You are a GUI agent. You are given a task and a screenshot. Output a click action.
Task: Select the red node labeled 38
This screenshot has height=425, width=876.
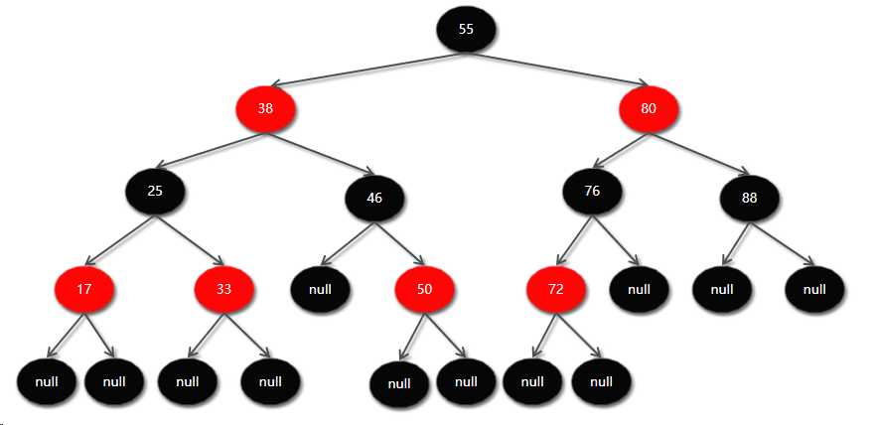click(265, 108)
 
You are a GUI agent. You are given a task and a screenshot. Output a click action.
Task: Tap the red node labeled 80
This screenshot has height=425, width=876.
click(648, 108)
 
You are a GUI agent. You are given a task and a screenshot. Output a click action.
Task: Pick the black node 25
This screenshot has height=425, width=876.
click(155, 191)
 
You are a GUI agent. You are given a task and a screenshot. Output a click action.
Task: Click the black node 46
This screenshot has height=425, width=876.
click(374, 198)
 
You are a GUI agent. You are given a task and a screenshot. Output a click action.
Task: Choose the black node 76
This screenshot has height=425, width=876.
click(592, 192)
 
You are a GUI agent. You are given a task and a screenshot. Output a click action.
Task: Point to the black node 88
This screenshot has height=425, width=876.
click(749, 198)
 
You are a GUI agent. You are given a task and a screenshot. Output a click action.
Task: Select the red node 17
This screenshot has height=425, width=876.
click(84, 291)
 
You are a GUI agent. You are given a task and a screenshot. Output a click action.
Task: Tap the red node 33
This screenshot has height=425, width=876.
click(224, 290)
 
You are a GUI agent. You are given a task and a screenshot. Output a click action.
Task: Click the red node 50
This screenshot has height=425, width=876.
click(424, 290)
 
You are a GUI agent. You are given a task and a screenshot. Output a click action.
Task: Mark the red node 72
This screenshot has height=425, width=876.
click(556, 291)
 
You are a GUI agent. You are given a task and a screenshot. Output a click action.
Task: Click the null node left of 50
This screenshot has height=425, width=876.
click(320, 290)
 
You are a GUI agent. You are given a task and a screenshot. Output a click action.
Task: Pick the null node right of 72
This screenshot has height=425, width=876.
click(639, 289)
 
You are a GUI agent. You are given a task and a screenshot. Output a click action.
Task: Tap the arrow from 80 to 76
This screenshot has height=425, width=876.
click(617, 151)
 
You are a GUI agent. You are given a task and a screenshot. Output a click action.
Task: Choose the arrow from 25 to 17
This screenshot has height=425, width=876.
click(120, 239)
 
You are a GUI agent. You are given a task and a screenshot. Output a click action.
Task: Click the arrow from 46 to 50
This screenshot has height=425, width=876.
click(399, 244)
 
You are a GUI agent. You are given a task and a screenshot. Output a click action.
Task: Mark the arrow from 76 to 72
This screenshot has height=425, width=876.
click(574, 240)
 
